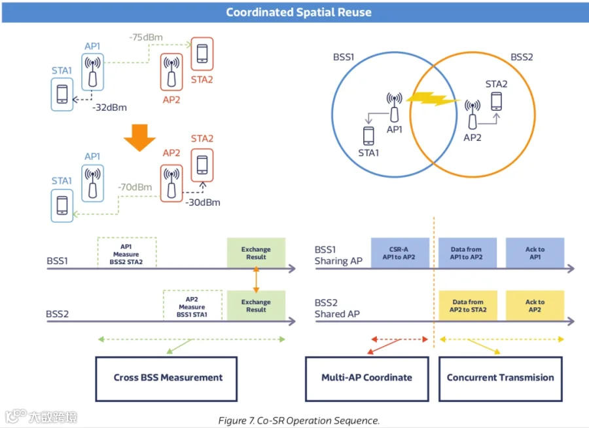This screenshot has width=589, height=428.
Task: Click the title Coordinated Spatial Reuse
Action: (x=298, y=12)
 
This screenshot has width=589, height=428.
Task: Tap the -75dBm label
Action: (x=146, y=37)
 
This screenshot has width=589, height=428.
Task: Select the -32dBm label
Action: (x=110, y=107)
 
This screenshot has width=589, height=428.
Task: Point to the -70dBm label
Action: (x=135, y=187)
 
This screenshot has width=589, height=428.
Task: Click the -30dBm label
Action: (x=203, y=203)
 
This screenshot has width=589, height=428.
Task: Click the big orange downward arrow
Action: (x=140, y=138)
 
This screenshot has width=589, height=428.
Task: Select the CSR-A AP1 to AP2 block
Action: (x=400, y=253)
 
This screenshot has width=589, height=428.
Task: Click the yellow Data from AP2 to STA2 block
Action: (x=468, y=305)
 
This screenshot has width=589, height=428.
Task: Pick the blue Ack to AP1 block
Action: (x=535, y=253)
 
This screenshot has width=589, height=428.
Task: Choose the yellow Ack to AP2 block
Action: (x=535, y=305)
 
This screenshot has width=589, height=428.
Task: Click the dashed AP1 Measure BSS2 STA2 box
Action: (x=127, y=253)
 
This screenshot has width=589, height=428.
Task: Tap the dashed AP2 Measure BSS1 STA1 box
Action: (x=192, y=305)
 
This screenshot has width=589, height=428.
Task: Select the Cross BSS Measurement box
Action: (x=166, y=379)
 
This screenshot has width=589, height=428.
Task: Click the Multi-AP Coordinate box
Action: (x=367, y=379)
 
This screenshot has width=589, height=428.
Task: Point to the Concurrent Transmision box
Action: (x=501, y=379)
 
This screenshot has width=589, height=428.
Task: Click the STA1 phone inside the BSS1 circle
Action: (x=368, y=136)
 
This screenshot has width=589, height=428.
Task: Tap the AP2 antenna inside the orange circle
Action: (x=472, y=114)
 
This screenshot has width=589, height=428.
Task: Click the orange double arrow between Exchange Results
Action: (x=256, y=279)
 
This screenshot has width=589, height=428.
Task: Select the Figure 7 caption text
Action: (x=299, y=421)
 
